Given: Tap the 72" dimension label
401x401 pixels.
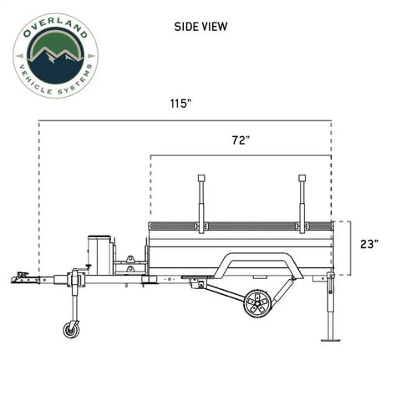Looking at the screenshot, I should point(241,141).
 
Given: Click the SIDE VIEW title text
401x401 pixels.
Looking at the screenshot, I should point(200,26).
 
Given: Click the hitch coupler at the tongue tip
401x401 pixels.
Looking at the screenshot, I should point(20,277).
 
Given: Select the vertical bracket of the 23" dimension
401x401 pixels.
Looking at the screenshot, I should point(351,248).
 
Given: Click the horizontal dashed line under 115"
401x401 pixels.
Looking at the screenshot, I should point(184,120).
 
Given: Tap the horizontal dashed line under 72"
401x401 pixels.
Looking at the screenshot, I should point(241,155).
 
